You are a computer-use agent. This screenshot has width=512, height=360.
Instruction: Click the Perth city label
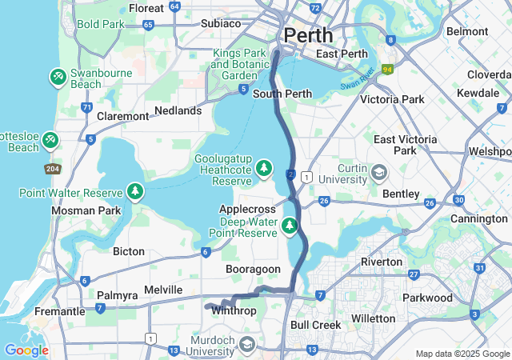point(310,36)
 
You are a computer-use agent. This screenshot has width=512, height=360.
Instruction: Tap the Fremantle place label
point(59,310)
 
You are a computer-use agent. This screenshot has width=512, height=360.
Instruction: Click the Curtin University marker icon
point(378,172)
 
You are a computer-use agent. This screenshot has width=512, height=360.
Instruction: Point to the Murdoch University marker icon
point(247,345)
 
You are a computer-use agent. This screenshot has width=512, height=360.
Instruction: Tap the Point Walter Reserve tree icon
point(136,192)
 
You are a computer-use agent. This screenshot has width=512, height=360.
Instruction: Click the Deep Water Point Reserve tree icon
point(290,226)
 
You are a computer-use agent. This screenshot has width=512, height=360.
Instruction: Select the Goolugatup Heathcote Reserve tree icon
point(264,169)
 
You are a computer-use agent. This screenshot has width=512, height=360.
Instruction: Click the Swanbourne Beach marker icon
point(58,77)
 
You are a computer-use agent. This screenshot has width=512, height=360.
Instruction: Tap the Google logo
point(26,350)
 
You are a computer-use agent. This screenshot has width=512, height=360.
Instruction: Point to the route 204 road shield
point(53,169)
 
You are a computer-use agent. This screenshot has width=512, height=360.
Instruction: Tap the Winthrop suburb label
point(234,310)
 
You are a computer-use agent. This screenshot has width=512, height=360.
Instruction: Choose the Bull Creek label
point(315,325)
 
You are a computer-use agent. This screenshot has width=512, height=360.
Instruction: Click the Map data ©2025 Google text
point(462,354)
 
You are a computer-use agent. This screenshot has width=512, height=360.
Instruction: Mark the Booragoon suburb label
point(254,270)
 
